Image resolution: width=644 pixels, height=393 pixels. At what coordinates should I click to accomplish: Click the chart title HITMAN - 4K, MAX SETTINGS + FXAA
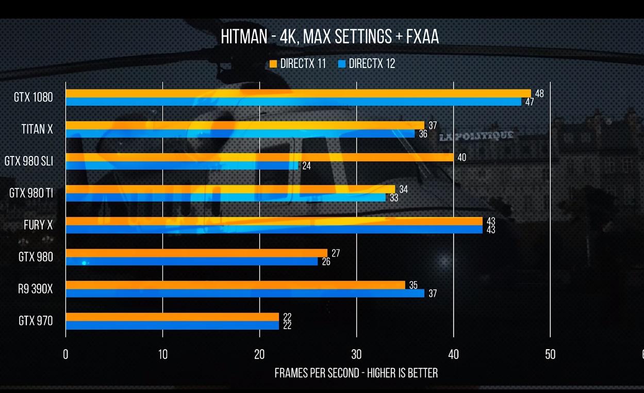pyautogui.click(x=329, y=37)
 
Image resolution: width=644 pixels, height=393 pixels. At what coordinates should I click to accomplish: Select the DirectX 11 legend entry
pyautogui.click(x=298, y=64)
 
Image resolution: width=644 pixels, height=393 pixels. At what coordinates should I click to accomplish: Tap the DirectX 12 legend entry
pyautogui.click(x=367, y=64)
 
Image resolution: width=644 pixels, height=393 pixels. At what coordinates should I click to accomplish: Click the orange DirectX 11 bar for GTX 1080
pyautogui.click(x=298, y=93)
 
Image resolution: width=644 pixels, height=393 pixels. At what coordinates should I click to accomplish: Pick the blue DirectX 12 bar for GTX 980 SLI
pyautogui.click(x=181, y=166)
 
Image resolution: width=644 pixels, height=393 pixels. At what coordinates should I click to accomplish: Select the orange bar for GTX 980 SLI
pyautogui.click(x=259, y=157)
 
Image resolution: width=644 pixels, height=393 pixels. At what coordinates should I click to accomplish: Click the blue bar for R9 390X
pyautogui.click(x=245, y=294)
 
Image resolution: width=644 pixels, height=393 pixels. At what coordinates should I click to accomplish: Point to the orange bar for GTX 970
pyautogui.click(x=172, y=317)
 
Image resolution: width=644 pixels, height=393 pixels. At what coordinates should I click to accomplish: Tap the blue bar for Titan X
pyautogui.click(x=240, y=134)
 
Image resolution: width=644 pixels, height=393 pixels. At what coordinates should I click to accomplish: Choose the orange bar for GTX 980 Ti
pyautogui.click(x=230, y=189)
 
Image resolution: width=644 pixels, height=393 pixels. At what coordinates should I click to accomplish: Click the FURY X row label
pyautogui.click(x=38, y=225)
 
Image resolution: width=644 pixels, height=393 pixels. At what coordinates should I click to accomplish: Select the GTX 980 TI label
pyautogui.click(x=31, y=193)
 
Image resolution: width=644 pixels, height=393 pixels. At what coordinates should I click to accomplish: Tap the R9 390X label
pyautogui.click(x=35, y=289)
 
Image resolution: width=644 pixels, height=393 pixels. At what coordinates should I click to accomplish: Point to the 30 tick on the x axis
pyautogui.click(x=356, y=354)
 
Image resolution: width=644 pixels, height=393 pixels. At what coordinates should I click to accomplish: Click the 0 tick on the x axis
pyautogui.click(x=65, y=354)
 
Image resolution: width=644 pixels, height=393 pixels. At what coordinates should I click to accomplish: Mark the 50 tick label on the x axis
pyautogui.click(x=550, y=354)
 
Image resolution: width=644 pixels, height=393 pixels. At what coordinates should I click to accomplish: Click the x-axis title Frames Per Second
pyautogui.click(x=356, y=373)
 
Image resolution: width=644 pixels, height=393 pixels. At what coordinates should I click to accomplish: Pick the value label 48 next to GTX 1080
pyautogui.click(x=539, y=94)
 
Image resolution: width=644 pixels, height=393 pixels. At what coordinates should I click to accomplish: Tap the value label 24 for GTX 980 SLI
pyautogui.click(x=306, y=166)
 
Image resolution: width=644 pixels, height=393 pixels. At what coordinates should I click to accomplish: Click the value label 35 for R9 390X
pyautogui.click(x=413, y=285)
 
